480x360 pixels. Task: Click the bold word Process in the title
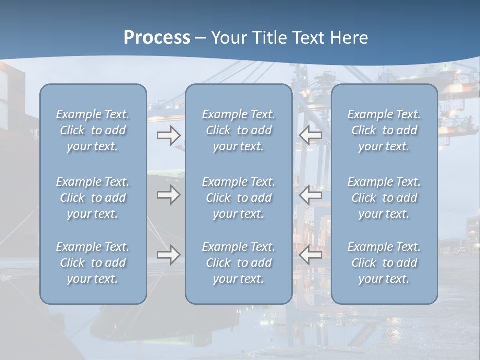click(157, 38)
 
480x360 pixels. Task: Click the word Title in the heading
click(268, 38)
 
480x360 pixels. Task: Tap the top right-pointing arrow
click(168, 135)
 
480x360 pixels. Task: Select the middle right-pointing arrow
click(168, 195)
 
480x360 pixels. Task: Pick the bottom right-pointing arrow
click(168, 255)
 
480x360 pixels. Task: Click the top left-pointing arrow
click(311, 135)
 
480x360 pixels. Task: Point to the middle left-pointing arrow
click(311, 195)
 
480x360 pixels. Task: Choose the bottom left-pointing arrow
click(311, 255)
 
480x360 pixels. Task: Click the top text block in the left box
click(93, 130)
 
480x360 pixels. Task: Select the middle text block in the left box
click(93, 198)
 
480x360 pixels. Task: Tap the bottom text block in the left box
click(93, 263)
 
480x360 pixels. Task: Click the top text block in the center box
click(238, 130)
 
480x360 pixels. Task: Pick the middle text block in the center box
click(238, 198)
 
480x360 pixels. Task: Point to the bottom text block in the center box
click(238, 263)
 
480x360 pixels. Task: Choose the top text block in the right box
click(384, 130)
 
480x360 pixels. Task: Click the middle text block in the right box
click(384, 198)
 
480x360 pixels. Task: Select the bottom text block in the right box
click(384, 263)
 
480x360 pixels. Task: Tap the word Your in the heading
click(229, 38)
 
